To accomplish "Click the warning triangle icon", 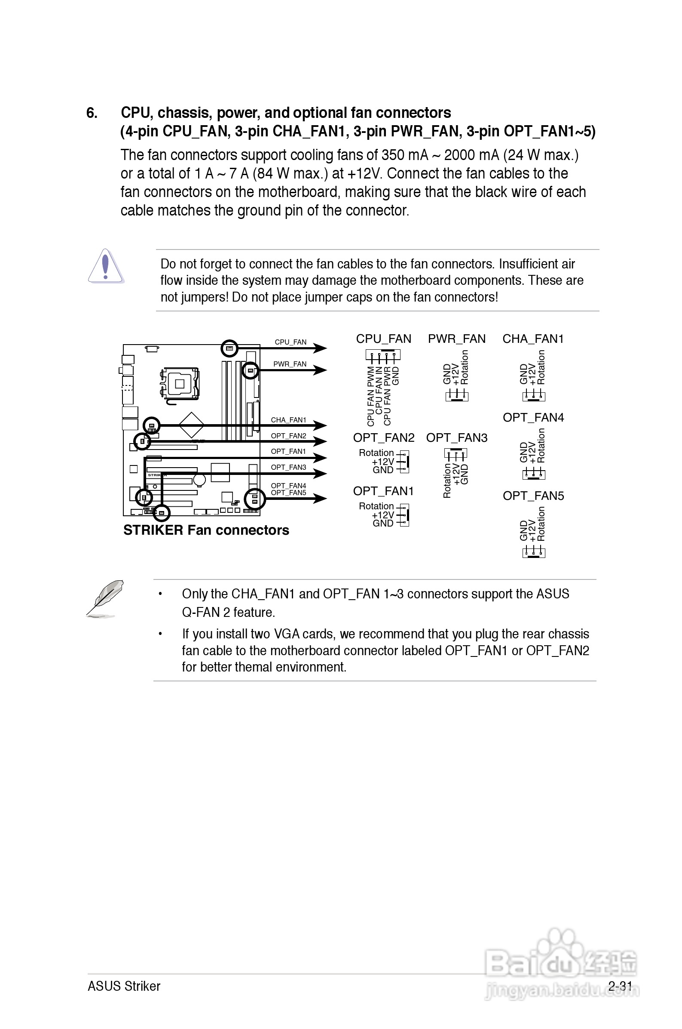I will pos(106,266).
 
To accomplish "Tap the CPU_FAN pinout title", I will pos(383,339).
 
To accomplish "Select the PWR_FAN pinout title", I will pos(456,339).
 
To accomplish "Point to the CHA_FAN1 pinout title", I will pos(533,339).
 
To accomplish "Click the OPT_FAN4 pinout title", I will pos(533,417).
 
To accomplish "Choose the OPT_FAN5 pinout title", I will pos(533,496).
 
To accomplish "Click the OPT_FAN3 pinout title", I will pos(457,437).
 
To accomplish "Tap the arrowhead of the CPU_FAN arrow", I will pos(321,348).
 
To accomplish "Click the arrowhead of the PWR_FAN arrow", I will pos(321,370).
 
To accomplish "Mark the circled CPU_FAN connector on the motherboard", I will pos(229,348).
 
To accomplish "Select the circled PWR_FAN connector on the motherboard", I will pos(250,371).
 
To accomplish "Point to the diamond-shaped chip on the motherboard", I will pos(191,425).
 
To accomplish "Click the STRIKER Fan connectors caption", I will pos(206,530).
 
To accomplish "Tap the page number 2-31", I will pos(620,986).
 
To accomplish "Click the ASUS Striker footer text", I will pos(124,986).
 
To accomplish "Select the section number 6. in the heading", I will pos(92,113).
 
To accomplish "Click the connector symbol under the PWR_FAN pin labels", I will pos(456,395).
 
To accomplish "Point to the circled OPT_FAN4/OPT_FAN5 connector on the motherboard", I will pos(255,499).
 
